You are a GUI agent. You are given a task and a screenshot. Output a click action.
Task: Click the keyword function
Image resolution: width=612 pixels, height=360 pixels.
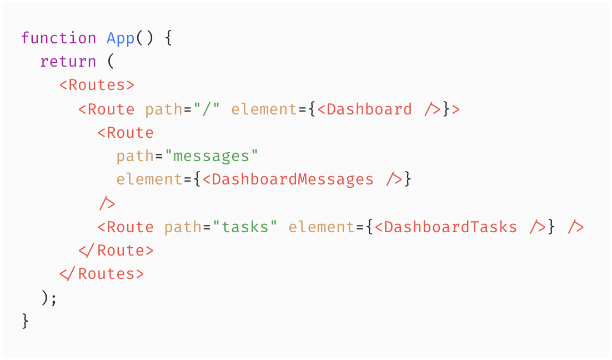58,38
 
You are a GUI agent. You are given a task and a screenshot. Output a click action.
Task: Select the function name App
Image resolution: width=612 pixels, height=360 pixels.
121,38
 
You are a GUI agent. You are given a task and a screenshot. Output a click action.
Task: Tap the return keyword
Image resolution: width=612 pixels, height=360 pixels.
68,62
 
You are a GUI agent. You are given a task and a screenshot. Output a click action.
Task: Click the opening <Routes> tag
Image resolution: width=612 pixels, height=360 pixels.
97,86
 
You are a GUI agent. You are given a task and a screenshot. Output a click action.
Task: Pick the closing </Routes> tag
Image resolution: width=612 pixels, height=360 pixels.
102,274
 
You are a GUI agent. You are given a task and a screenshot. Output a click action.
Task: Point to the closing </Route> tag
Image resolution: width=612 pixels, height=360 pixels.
116,251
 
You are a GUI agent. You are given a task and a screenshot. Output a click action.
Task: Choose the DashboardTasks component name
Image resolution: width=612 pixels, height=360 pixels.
450,227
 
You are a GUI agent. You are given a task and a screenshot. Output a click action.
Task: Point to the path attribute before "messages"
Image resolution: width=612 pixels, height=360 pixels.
135,156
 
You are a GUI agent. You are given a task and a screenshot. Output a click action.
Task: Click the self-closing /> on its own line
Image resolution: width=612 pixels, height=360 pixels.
107,203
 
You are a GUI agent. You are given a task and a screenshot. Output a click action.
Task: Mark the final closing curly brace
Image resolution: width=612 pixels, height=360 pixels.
25,321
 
